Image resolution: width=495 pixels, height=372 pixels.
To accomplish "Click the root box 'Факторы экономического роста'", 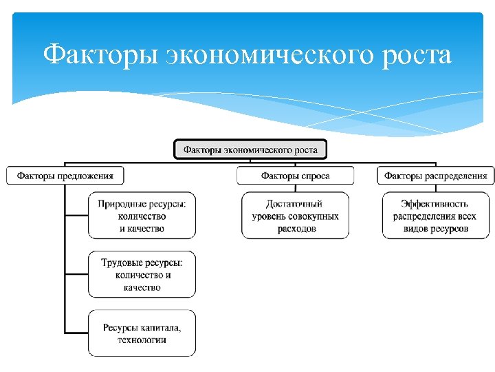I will [250, 149].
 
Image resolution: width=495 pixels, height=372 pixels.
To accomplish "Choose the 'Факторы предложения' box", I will [65, 176].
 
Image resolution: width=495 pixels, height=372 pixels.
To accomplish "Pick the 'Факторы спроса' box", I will [295, 176].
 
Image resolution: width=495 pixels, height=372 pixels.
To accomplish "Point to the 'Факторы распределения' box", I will [436, 176].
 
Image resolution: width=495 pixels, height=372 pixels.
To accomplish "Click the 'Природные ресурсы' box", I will [142, 216].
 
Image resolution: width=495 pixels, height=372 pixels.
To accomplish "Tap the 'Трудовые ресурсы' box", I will [142, 274].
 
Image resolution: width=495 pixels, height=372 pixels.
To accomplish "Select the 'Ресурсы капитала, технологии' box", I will [142, 333].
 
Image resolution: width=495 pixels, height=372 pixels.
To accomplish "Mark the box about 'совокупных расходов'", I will [295, 216].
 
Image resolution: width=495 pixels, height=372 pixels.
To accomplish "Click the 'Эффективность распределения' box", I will [434, 216].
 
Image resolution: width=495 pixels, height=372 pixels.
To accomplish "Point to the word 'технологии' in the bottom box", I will [142, 340].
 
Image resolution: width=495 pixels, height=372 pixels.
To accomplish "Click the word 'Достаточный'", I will [294, 204].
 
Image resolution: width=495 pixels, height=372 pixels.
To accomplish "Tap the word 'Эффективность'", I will [434, 204].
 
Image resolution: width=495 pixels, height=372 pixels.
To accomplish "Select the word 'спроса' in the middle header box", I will [316, 176].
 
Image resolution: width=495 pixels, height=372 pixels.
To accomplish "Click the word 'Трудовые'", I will [122, 262].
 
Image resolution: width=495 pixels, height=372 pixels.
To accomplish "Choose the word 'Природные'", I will [120, 204].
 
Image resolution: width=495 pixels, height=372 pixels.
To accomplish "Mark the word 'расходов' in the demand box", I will [297, 228].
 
